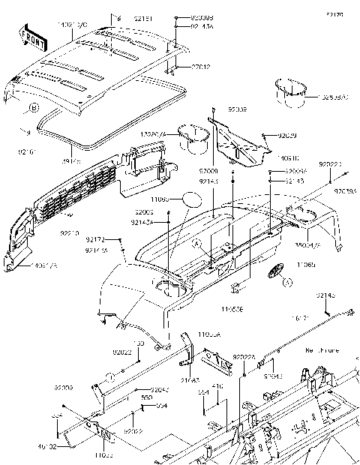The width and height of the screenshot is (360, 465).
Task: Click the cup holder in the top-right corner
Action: pos(290,88)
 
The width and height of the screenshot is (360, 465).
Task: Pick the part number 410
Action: pos(219,387)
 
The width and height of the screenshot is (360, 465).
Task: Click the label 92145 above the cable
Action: pos(325,296)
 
